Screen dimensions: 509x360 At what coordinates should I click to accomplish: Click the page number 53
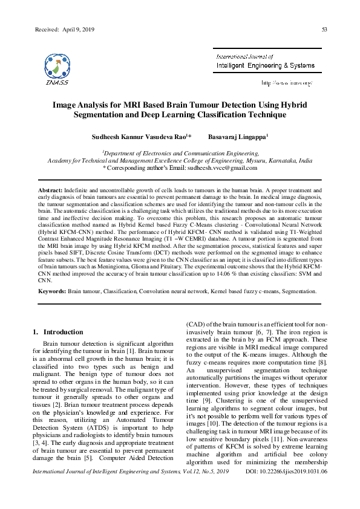(x=324, y=29)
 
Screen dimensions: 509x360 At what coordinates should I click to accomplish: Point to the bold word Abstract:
(x=51, y=190)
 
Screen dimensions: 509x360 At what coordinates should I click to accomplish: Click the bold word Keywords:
(x=52, y=291)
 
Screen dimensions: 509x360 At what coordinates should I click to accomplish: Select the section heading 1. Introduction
(x=57, y=332)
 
